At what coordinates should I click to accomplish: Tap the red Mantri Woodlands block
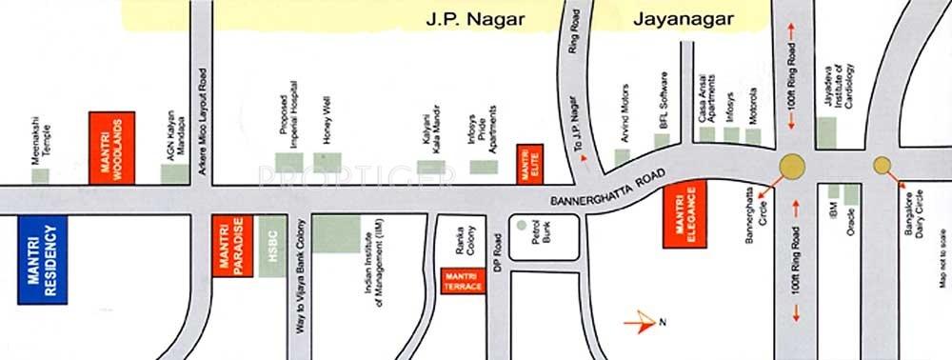(108, 146)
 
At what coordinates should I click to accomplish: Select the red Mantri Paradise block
(229, 246)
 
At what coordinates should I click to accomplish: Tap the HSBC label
(272, 246)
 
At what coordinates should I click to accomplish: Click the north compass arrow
(644, 326)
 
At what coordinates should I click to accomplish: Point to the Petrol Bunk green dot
(523, 226)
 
